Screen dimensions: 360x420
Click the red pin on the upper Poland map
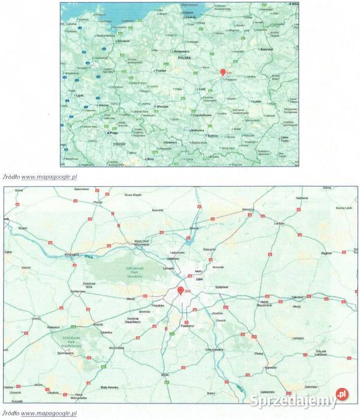[222, 72]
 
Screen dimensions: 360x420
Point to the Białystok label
[267, 51]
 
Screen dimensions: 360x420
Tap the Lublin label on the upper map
[257, 100]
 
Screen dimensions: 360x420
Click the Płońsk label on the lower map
[97, 202]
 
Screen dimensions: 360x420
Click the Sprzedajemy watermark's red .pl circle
[340, 395]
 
